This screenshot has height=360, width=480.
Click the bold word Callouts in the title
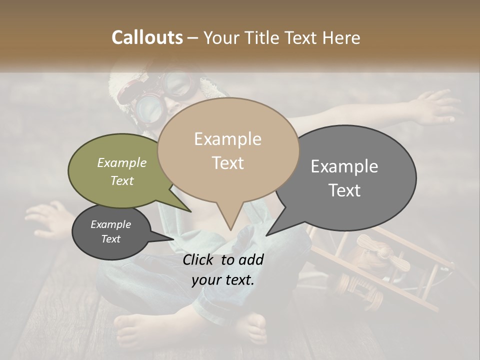tap(147, 37)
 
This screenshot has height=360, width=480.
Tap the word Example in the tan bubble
tap(227, 139)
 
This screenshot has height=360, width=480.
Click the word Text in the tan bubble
tap(227, 162)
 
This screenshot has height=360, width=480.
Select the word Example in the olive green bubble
tap(122, 162)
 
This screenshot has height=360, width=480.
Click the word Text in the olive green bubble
tap(122, 180)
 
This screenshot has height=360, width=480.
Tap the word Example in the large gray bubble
tap(344, 166)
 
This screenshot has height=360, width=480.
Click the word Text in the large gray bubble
tap(344, 190)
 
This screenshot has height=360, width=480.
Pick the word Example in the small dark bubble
tap(111, 224)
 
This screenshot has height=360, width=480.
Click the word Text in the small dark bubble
tap(111, 239)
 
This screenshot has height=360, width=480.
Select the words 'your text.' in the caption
tap(223, 280)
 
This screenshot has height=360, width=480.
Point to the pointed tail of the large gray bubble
tap(268, 234)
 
